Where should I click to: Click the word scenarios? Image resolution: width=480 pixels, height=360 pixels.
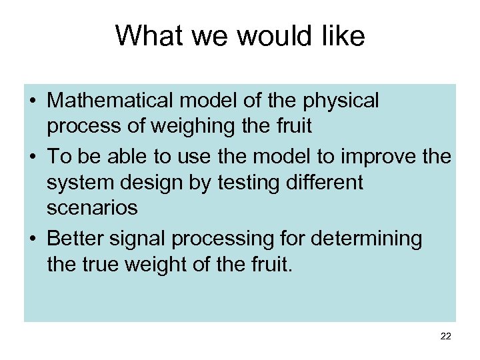(92, 209)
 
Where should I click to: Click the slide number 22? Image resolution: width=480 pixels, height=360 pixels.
(446, 337)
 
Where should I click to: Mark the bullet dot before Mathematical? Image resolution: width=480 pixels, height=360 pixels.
(33, 102)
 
